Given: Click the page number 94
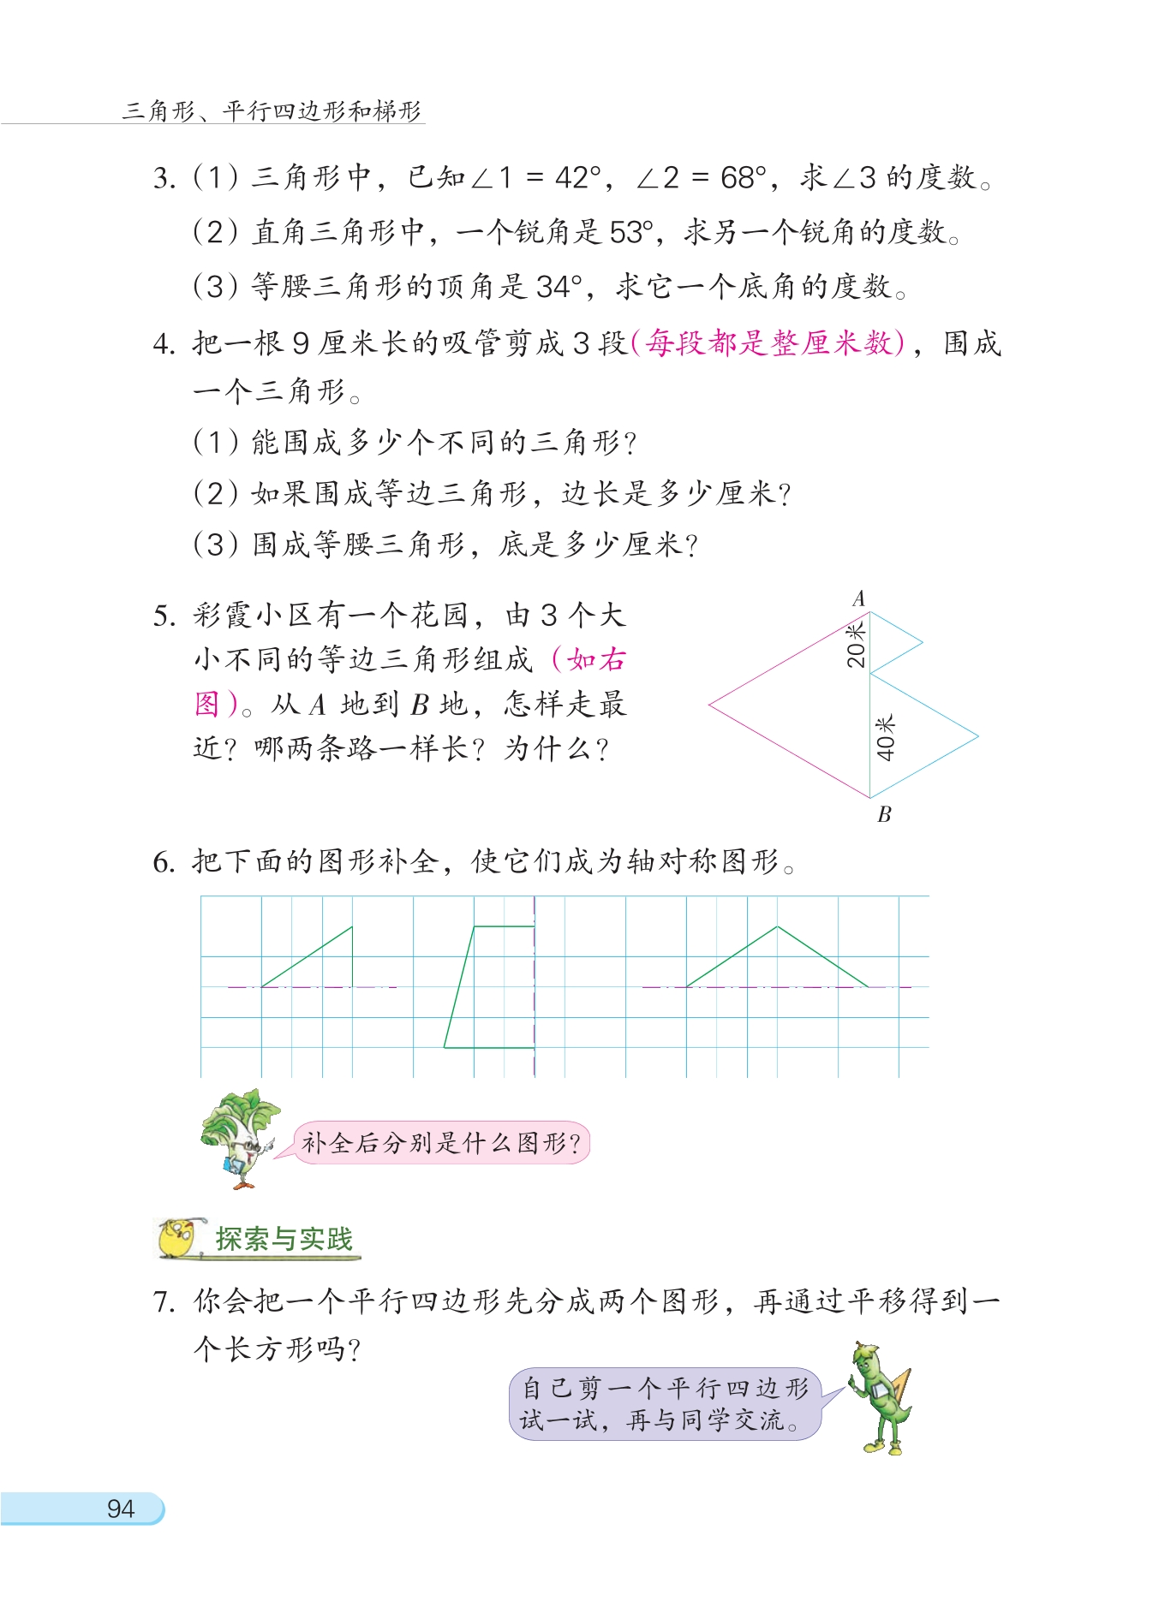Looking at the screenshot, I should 120,1509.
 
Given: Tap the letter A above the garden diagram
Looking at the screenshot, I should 859,598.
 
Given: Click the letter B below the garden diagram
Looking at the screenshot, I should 884,814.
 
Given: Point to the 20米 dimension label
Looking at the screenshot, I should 856,645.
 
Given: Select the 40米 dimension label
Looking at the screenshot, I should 885,737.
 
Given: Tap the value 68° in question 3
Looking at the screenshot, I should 743,178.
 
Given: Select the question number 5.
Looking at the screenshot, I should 163,616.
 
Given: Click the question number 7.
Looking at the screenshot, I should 163,1302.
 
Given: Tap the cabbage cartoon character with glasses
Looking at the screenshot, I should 239,1137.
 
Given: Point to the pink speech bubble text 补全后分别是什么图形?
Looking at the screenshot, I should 441,1143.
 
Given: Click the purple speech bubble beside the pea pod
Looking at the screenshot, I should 665,1403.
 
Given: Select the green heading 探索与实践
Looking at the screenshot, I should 284,1239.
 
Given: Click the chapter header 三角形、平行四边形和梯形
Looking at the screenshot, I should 272,110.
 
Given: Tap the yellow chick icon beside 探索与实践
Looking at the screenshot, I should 178,1238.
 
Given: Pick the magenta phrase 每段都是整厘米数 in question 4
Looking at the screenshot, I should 768,343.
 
